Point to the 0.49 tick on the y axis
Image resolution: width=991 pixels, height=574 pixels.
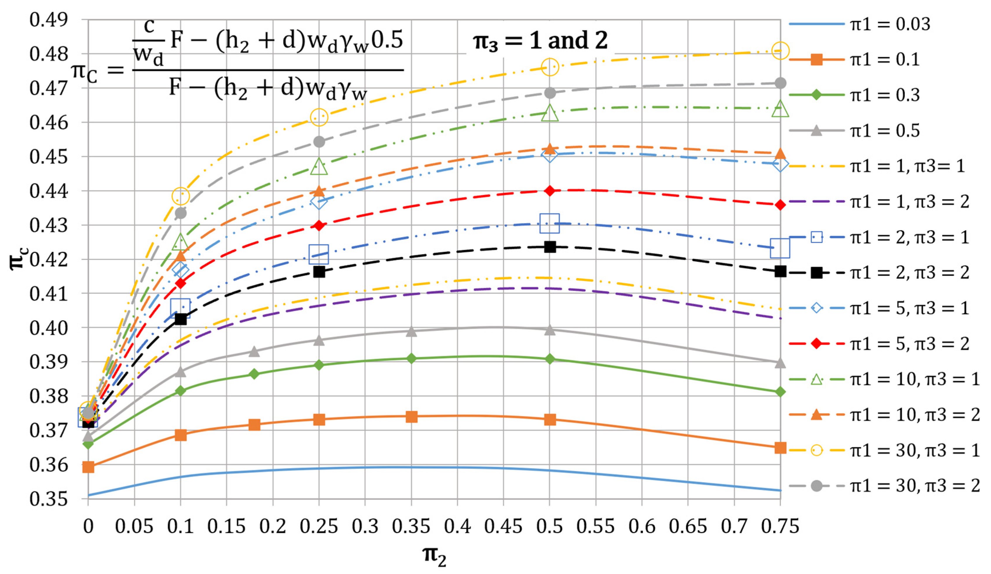pos(48,20)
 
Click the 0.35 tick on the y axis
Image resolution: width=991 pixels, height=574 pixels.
pos(48,499)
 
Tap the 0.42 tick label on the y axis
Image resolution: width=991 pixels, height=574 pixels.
pos(48,259)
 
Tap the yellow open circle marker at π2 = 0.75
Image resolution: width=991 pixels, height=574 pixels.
pos(780,51)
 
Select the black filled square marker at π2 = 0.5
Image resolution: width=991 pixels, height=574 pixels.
pos(550,247)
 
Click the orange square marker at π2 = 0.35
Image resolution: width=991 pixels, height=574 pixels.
pos(411,417)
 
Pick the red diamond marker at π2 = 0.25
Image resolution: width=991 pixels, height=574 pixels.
pos(319,226)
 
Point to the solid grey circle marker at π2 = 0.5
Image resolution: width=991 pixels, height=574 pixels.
pos(550,93)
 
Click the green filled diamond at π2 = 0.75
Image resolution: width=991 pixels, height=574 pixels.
pos(780,392)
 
